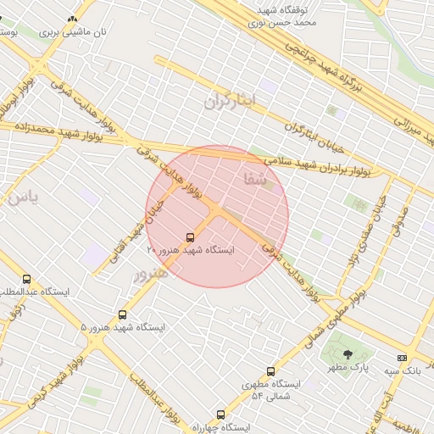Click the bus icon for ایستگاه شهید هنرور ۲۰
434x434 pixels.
189,237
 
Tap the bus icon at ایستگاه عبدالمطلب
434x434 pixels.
27,279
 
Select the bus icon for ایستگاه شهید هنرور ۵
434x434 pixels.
123,314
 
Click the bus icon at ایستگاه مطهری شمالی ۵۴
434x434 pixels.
271,371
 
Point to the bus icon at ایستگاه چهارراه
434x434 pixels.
220,415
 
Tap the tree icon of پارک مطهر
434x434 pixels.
348,355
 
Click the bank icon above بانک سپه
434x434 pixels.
402,359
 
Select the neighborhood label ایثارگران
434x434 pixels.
229,101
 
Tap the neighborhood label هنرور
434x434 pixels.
151,274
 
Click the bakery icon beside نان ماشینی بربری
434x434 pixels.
71,19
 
